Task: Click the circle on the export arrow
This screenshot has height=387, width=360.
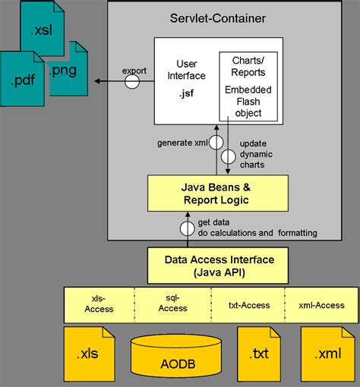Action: click(x=133, y=81)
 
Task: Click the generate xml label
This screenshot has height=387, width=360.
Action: click(x=182, y=142)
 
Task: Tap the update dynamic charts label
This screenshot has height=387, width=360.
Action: click(x=255, y=154)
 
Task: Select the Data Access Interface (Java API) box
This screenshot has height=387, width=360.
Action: click(x=219, y=265)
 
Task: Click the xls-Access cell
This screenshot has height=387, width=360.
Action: click(x=99, y=304)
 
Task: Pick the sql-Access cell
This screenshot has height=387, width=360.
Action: click(x=172, y=304)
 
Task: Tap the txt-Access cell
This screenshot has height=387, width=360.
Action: click(x=248, y=304)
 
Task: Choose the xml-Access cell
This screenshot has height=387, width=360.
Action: click(x=321, y=304)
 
